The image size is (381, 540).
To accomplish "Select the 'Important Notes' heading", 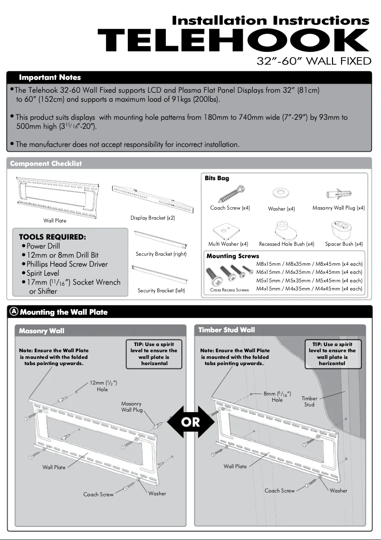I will click(50, 77).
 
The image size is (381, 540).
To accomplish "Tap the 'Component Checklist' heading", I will click(46, 164).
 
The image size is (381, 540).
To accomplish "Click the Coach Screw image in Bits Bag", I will click(231, 194).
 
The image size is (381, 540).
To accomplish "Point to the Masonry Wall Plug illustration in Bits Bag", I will click(338, 193).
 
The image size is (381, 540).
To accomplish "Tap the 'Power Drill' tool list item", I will click(43, 246).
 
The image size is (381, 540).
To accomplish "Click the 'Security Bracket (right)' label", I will click(161, 254).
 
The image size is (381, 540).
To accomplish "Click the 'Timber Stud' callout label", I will click(309, 402).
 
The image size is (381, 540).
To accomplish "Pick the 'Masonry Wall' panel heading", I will click(42, 331).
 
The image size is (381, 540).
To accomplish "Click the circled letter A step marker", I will click(14, 312).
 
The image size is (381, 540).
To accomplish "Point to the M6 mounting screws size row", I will click(309, 272).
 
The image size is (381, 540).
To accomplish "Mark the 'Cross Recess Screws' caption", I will click(229, 290).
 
